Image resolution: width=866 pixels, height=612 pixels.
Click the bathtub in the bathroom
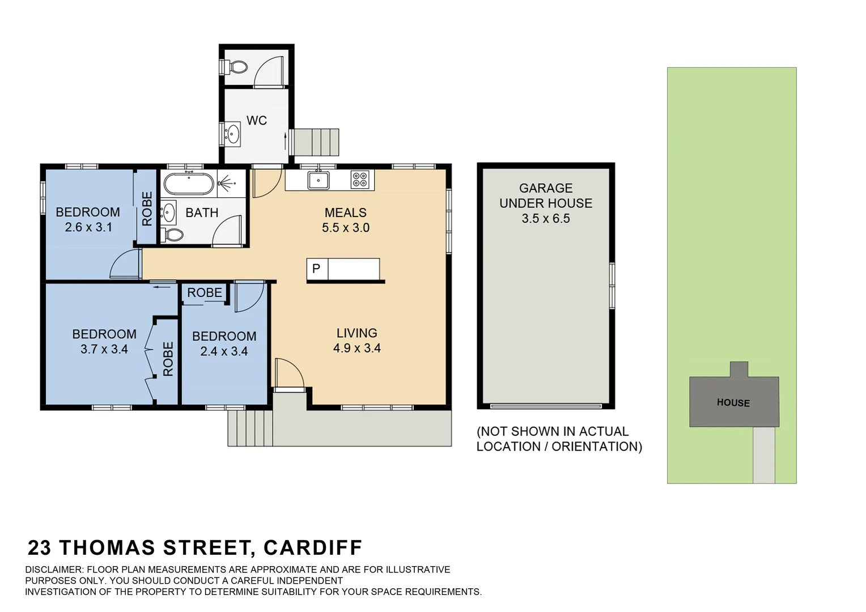[x=189, y=184]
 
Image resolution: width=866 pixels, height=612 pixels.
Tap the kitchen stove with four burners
[x=360, y=180]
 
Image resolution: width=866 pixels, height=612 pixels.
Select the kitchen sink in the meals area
[x=319, y=180]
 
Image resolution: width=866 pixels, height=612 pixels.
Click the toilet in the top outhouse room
[x=237, y=67]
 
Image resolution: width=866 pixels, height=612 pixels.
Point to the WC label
[x=257, y=121]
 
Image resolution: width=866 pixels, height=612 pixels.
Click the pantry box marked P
[x=316, y=269]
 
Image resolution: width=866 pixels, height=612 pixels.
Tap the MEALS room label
[x=346, y=213]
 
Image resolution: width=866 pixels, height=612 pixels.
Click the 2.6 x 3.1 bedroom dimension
[x=88, y=227]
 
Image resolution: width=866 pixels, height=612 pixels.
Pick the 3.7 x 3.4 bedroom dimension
[x=104, y=349]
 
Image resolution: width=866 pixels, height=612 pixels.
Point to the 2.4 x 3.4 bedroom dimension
[x=224, y=351]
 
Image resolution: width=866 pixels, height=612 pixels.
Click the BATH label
[x=202, y=213]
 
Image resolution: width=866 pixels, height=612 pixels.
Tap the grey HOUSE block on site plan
[x=733, y=402]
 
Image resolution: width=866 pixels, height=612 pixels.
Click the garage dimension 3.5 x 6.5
[x=546, y=219]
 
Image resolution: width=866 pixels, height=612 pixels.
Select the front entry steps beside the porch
[x=250, y=428]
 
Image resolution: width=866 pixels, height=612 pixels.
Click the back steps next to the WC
[x=315, y=142]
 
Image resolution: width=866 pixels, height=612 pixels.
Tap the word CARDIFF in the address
[x=313, y=548]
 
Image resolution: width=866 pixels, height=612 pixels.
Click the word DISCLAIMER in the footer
[x=54, y=569]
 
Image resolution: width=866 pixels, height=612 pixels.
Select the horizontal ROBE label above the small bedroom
[x=205, y=293]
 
